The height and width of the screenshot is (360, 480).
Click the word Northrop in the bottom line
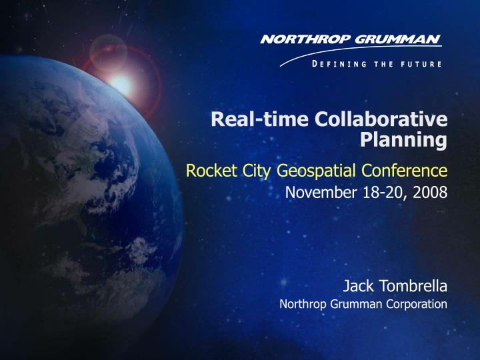coord(299,305)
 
